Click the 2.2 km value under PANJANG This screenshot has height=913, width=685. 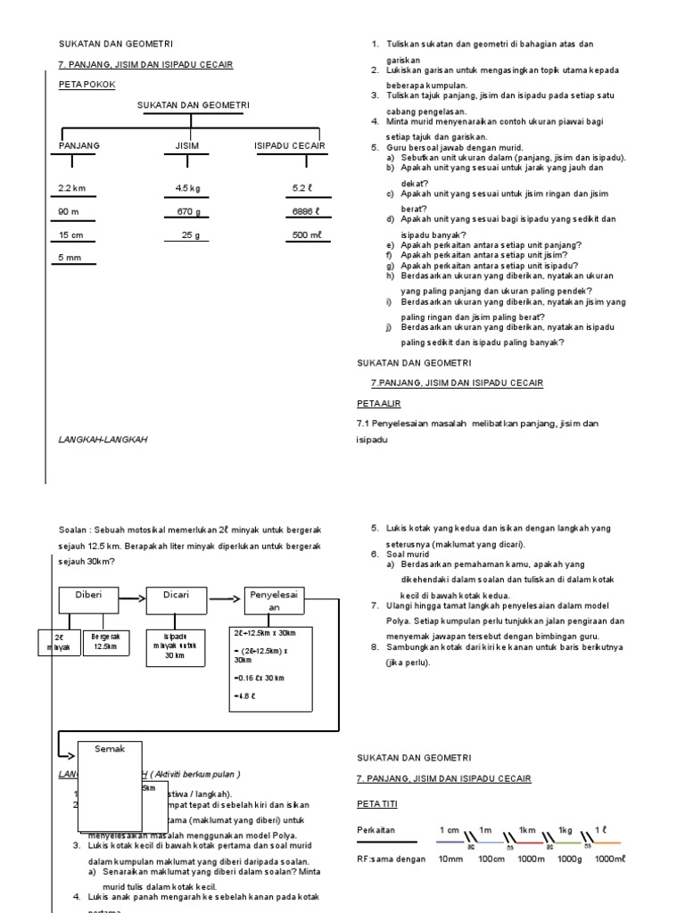coord(70,188)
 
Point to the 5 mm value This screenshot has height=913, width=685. coord(69,258)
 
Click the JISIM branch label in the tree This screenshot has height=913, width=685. coord(187,145)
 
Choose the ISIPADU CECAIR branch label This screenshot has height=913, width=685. coord(290,145)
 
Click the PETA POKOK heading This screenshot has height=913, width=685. coord(87,84)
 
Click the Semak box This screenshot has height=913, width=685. coord(110,749)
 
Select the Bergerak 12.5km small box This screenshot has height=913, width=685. coord(104,641)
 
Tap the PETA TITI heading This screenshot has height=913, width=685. coord(377,803)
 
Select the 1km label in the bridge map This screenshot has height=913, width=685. coord(526,829)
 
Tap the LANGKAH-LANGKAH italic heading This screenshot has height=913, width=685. coord(103,440)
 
